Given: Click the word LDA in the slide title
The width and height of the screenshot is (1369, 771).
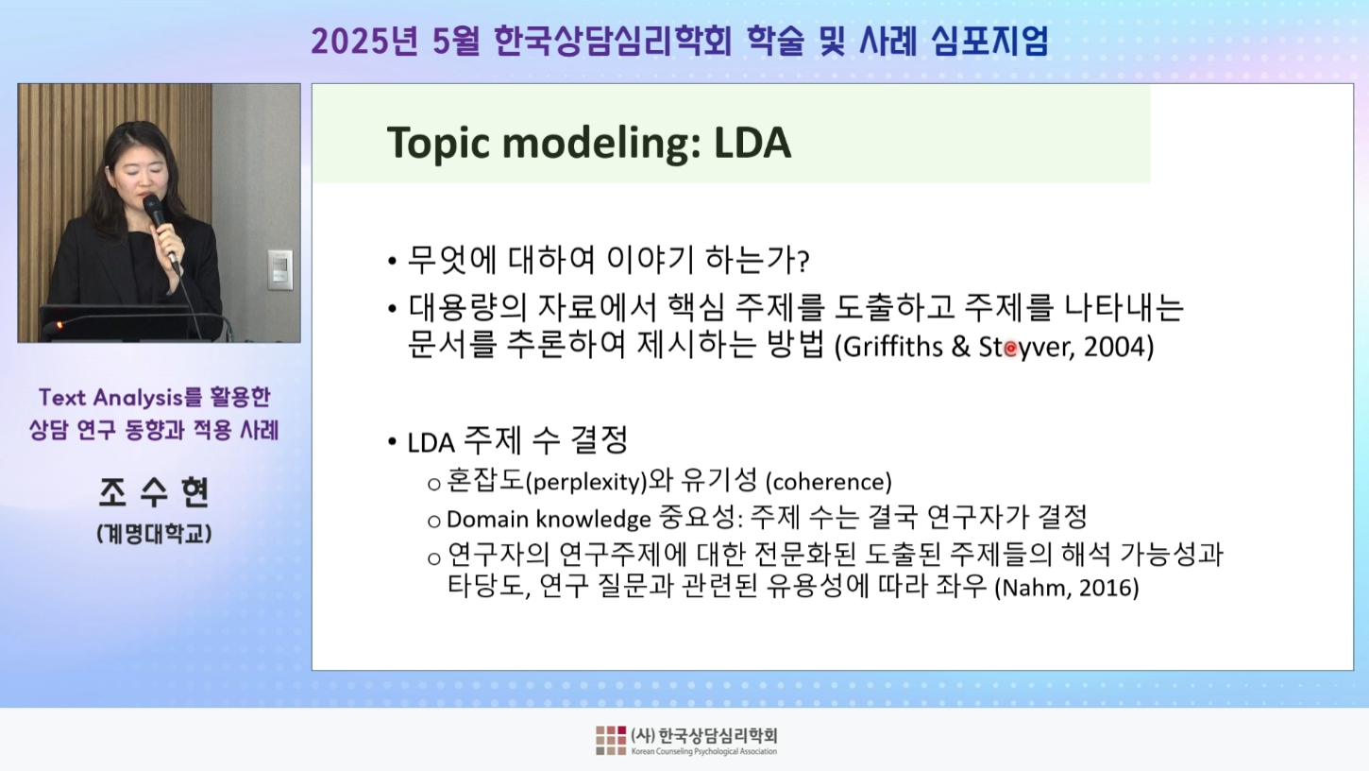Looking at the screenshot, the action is click(x=752, y=143).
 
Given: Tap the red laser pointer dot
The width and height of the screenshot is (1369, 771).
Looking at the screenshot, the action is click(x=1010, y=349).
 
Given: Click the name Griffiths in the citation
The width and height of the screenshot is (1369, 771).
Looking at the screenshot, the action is click(x=893, y=348).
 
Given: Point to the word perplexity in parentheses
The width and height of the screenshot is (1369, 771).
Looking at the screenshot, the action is click(x=586, y=483).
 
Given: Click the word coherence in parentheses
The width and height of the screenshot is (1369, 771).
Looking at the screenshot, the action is click(x=828, y=483).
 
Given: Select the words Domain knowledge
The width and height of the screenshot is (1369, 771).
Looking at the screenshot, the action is click(x=549, y=520).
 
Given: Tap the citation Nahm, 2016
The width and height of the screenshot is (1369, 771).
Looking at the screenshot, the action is click(x=1067, y=588).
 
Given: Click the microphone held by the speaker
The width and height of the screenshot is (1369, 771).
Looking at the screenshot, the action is click(x=161, y=231).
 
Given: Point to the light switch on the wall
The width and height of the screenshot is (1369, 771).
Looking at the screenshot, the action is click(x=279, y=269).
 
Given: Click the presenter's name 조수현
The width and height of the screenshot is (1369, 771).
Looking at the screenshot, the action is click(x=154, y=492).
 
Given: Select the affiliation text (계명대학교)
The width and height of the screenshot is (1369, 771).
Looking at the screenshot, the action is click(x=154, y=534).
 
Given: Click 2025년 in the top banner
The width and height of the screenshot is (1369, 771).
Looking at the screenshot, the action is click(x=364, y=42).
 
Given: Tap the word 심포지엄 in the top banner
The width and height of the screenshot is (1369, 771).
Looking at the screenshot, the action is click(x=989, y=42).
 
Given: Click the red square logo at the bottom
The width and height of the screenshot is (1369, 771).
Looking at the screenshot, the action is click(x=611, y=741).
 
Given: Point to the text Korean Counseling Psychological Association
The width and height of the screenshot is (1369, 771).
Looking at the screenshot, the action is click(x=704, y=751).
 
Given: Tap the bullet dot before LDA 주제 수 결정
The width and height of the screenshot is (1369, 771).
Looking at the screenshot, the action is click(x=393, y=441).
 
